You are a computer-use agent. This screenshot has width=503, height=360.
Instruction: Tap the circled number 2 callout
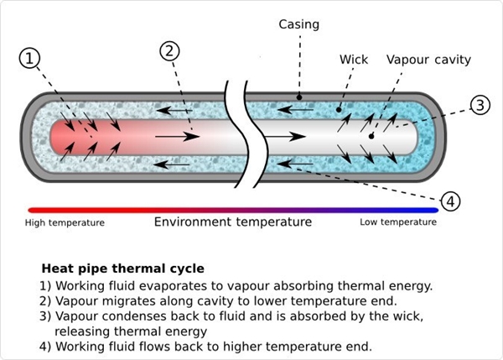[170, 50]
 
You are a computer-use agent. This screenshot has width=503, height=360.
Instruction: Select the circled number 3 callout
[479, 106]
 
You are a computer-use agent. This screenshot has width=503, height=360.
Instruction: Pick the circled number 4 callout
[450, 201]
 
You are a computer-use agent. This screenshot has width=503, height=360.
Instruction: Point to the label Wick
[353, 60]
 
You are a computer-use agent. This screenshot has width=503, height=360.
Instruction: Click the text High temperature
[65, 222]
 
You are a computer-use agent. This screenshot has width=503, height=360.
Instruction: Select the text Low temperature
[398, 222]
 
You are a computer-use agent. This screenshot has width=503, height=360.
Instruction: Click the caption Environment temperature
[233, 222]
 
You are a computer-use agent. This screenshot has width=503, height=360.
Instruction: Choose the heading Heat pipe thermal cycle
[122, 269]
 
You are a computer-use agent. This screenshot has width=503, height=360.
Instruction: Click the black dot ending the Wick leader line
[339, 108]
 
